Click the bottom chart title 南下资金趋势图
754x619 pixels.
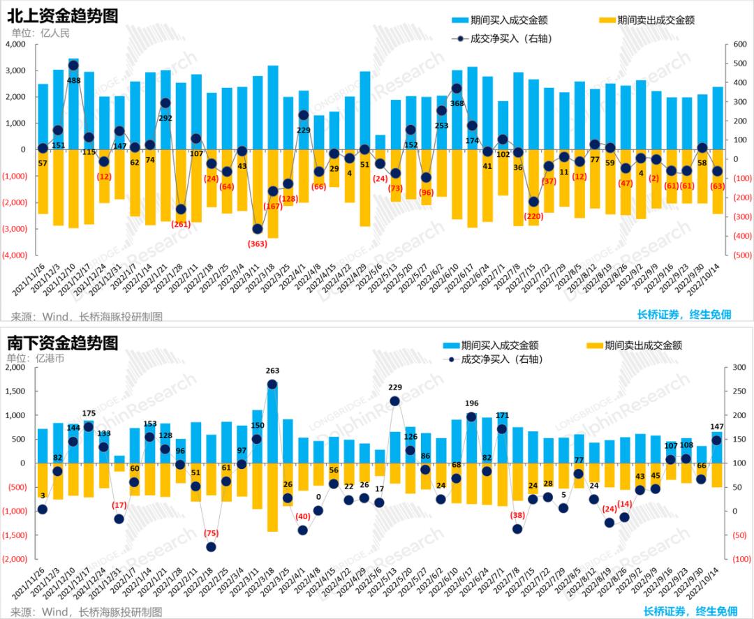coord(63,343)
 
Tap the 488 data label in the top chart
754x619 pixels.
coord(73,80)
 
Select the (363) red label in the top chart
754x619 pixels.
coord(257,243)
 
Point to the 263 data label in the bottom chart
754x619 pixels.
coord(272,371)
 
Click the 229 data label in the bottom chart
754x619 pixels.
coord(395,387)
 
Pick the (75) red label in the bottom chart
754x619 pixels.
coord(211,533)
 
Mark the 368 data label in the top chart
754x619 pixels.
coord(457,103)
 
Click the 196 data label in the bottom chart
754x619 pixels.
coord(472,403)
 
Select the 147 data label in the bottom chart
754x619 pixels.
coord(717,426)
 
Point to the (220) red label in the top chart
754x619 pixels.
coord(533,216)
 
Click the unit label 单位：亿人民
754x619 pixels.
coord(40,32)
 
